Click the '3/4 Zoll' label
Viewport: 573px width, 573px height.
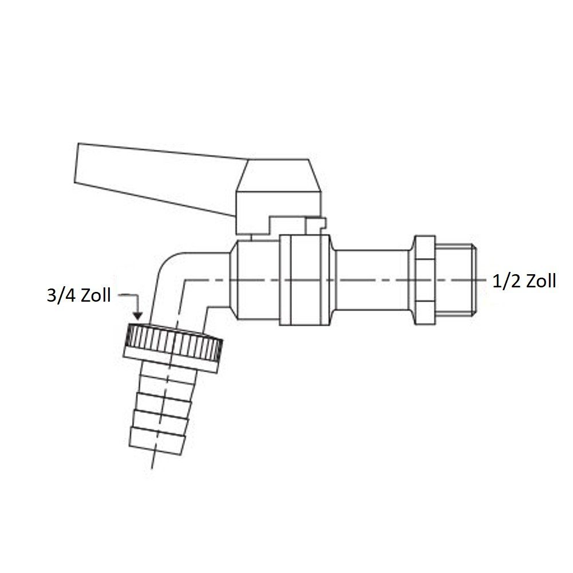pos(78,295)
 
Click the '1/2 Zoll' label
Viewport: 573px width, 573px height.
pos(524,282)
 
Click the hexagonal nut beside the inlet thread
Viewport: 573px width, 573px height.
pos(425,280)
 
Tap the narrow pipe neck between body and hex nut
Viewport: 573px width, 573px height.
pos(372,280)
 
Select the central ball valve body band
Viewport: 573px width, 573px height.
pos(305,280)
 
